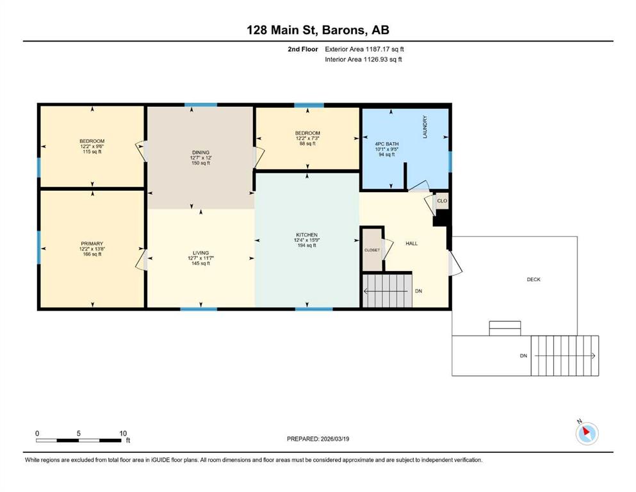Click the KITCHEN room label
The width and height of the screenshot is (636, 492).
point(307,235)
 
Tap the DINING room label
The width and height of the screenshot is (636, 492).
point(200,152)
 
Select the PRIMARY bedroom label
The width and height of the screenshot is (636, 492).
point(92,244)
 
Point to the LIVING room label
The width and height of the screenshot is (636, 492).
point(200,252)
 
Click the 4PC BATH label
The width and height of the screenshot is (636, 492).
point(387,144)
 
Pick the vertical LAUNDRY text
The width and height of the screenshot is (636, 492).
point(425,127)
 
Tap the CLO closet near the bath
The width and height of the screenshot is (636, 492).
point(442,201)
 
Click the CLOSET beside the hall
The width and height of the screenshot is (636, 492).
point(372,250)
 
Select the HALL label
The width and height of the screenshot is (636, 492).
point(412,243)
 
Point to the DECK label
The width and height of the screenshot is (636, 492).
point(534,279)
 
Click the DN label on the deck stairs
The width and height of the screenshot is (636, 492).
point(524,356)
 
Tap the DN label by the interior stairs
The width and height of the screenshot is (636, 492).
point(419,291)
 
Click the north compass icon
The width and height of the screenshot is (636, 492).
point(587,433)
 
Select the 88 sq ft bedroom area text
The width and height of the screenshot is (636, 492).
point(307,143)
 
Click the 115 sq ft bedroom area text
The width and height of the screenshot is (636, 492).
point(92,152)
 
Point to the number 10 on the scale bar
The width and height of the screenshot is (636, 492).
point(124,433)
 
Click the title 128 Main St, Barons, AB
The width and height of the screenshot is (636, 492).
point(318,29)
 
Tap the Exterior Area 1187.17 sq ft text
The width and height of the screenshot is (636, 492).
point(364,49)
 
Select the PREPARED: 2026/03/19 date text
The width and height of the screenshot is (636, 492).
point(318,439)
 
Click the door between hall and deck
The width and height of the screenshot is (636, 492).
point(455,263)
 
